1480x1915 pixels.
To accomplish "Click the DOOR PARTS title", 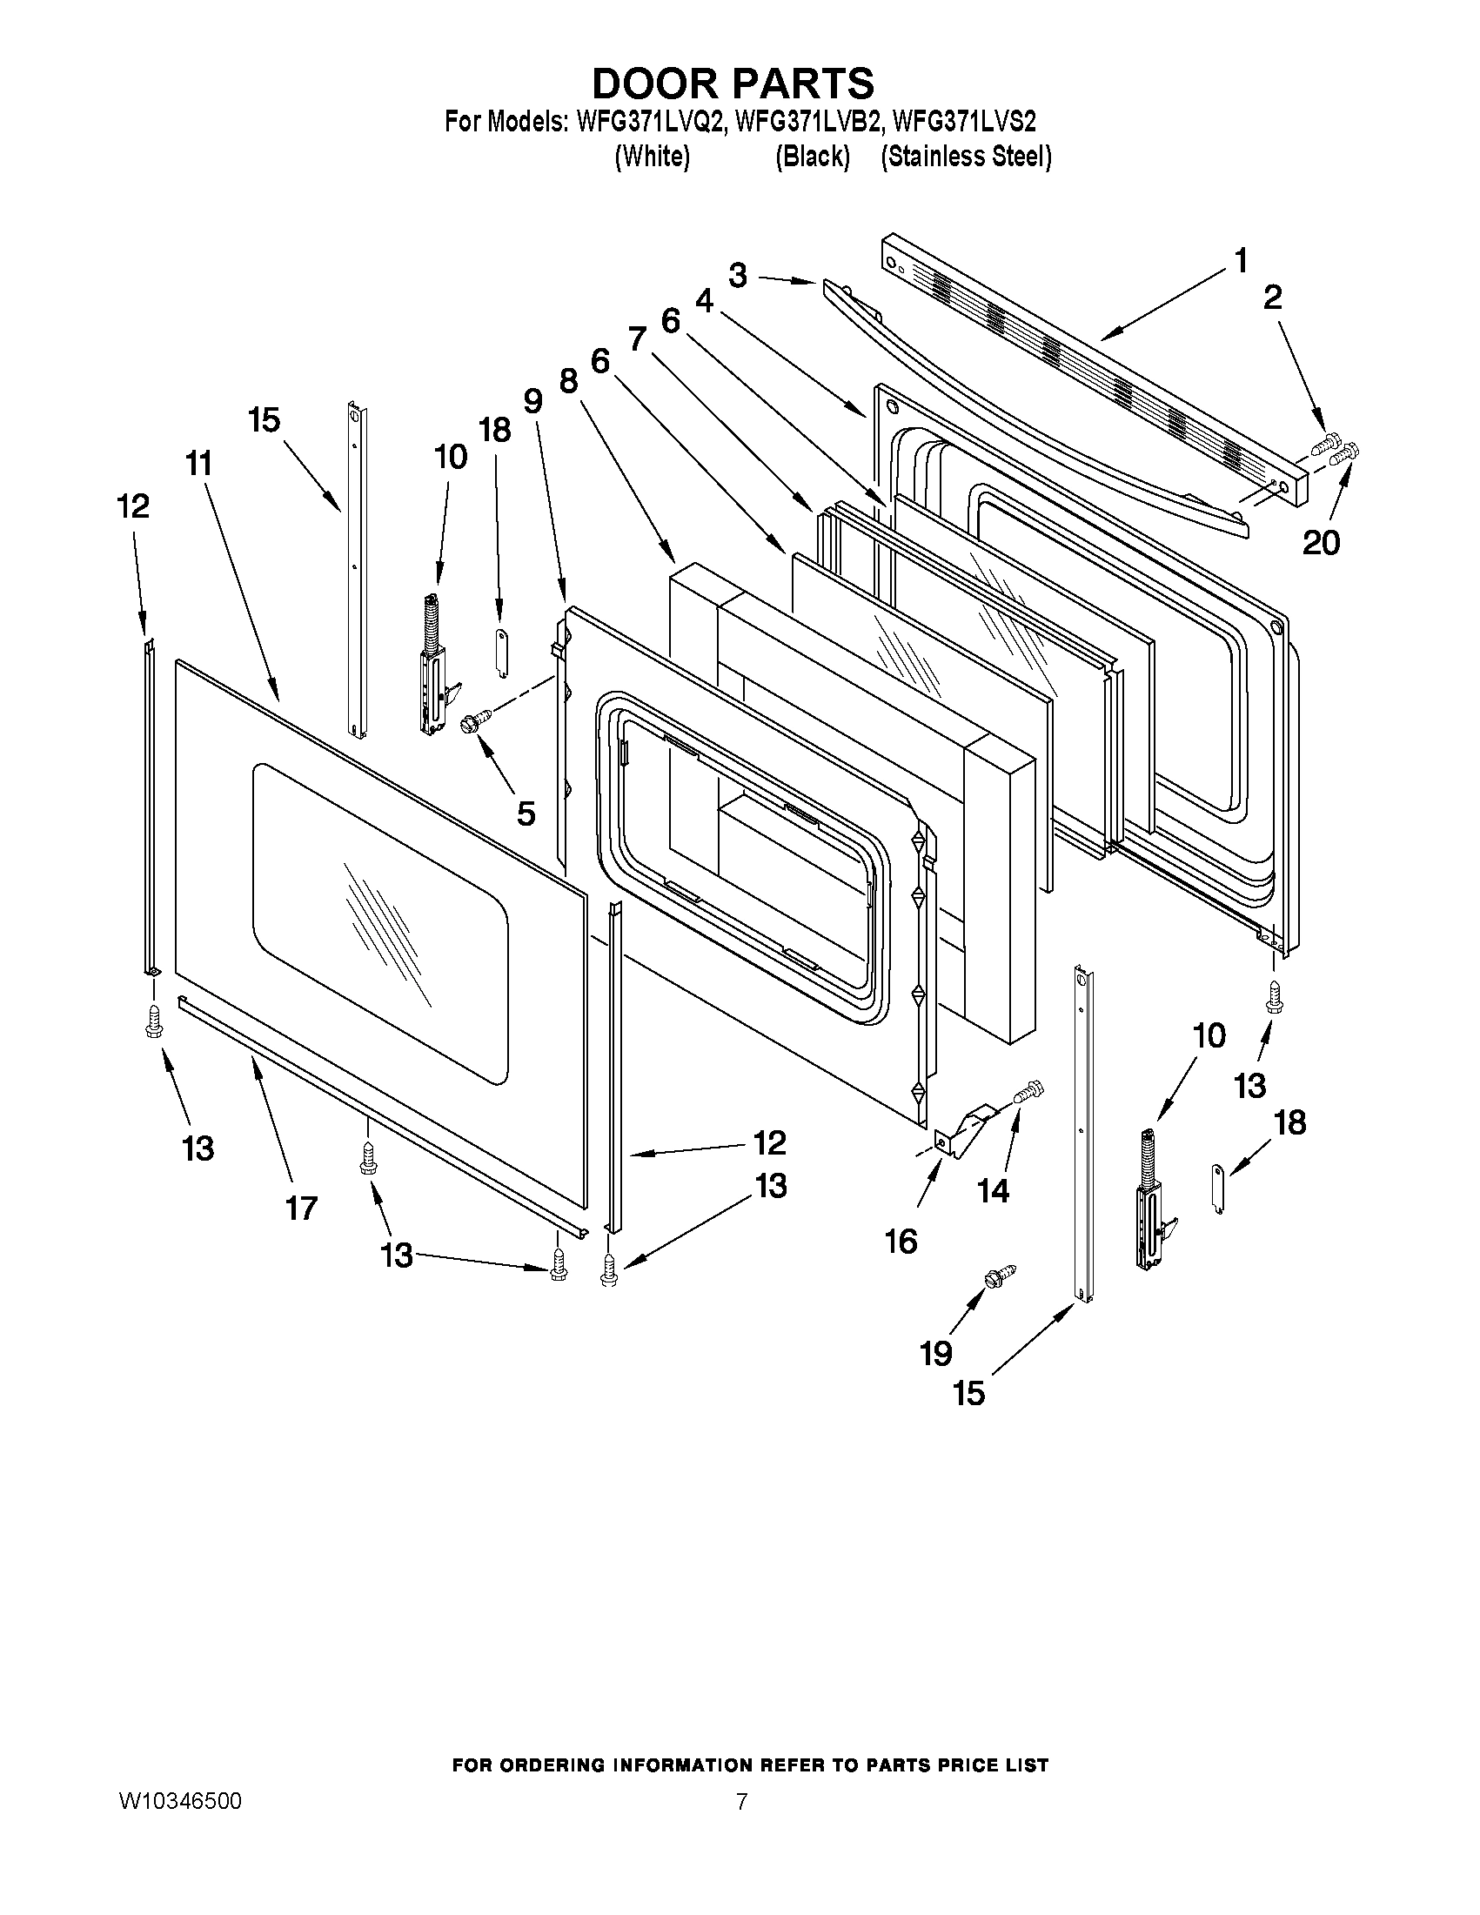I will pyautogui.click(x=733, y=84).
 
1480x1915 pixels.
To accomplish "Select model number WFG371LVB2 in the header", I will pyautogui.click(x=807, y=121).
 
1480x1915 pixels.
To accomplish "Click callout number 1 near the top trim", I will pyautogui.click(x=1241, y=260).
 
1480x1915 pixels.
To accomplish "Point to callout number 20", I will pyautogui.click(x=1321, y=543).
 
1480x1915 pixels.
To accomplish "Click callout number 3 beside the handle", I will pyautogui.click(x=738, y=275).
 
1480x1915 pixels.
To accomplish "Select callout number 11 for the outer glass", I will pyautogui.click(x=199, y=463).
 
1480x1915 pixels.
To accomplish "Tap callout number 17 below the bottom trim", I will pyautogui.click(x=301, y=1209).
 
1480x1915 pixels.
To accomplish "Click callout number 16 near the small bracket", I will pyautogui.click(x=901, y=1241).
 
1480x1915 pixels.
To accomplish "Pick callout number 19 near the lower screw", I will pyautogui.click(x=935, y=1353).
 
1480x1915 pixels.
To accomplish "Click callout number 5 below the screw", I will pyautogui.click(x=526, y=813).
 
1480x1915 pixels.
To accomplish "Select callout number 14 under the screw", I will pyautogui.click(x=994, y=1190).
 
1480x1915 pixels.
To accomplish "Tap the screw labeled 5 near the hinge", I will pyautogui.click(x=477, y=720).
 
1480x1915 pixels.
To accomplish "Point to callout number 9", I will pyautogui.click(x=533, y=401).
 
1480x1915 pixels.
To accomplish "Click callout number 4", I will pyautogui.click(x=704, y=301).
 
